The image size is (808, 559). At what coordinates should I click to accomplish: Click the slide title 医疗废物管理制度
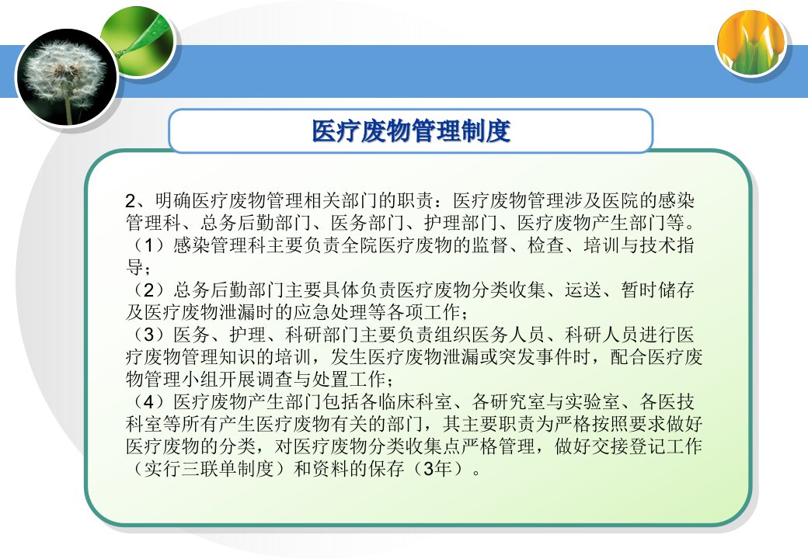tap(411, 131)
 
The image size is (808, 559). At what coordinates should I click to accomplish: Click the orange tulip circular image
tap(753, 43)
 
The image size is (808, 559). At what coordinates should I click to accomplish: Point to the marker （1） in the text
tap(149, 245)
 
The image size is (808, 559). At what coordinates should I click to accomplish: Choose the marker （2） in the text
tap(149, 290)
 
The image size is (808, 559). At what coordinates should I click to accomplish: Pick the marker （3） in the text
tap(149, 335)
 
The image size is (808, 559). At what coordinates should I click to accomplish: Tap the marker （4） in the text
tap(149, 402)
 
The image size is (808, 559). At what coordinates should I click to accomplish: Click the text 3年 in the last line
tap(437, 469)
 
